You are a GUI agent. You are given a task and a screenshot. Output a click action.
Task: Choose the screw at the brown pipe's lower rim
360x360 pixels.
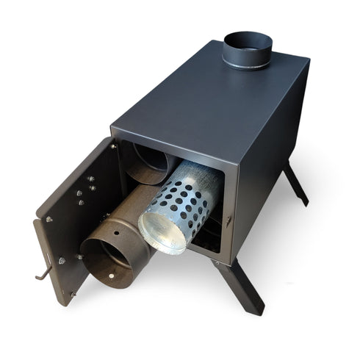(x=112, y=277)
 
